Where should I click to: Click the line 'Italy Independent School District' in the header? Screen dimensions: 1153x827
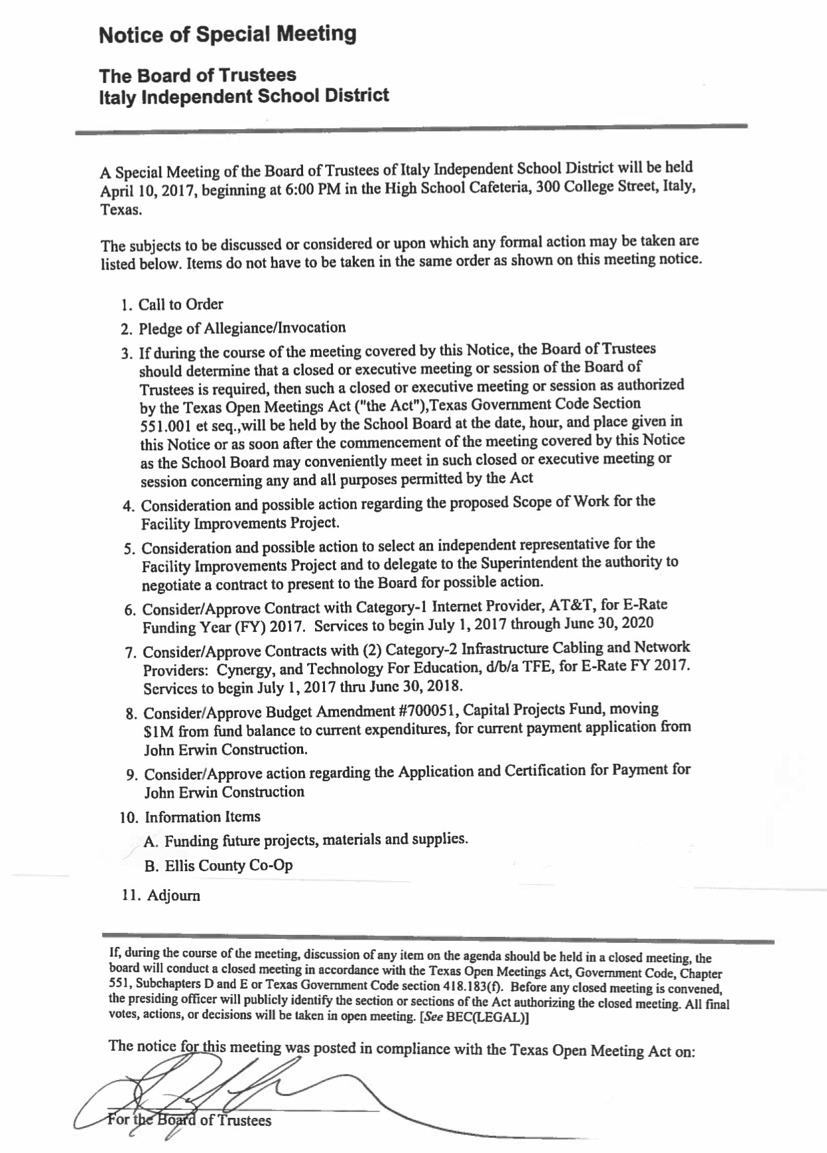point(243,97)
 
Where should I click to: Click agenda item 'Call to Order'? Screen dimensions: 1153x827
point(180,304)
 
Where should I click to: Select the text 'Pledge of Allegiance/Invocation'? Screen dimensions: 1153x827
point(242,328)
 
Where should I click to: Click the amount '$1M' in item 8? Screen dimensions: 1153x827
point(158,733)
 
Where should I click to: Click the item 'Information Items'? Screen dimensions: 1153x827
point(202,817)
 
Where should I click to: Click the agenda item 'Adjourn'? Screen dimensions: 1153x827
point(173,896)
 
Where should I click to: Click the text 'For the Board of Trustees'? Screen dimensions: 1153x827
point(190,1121)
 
